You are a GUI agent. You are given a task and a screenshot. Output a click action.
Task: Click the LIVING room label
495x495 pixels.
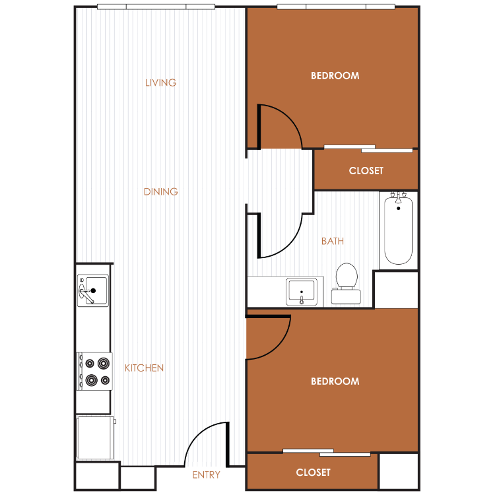coord(160,82)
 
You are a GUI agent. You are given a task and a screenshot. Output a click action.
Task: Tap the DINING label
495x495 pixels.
coord(160,191)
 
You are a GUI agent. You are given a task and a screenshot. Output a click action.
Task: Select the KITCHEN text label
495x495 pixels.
coord(145,368)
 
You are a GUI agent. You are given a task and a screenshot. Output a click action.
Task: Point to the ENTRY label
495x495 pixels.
coord(206,475)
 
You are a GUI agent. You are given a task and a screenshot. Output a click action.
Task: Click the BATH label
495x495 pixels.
coord(333,241)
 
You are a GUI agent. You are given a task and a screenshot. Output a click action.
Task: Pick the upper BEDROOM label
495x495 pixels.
coord(335,76)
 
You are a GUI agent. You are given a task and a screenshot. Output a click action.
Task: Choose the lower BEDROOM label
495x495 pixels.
coord(335,381)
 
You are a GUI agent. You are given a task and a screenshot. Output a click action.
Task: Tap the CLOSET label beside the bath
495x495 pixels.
coord(366,171)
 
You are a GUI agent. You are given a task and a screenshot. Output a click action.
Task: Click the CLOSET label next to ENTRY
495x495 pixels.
coord(313,473)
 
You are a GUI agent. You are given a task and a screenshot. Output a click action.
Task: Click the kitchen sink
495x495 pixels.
coord(93,290)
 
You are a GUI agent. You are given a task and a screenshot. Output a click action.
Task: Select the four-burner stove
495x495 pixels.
coord(94,372)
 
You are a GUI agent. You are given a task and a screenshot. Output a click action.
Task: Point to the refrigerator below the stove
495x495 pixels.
coord(95,438)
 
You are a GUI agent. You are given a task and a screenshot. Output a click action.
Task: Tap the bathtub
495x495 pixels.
coord(399,230)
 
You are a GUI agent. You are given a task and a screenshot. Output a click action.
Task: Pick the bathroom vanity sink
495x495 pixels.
coord(302,291)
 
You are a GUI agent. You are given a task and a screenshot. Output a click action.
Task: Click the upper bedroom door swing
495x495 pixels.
coord(290,117)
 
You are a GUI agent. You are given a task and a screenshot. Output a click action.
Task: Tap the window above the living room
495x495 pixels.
coord(156,7)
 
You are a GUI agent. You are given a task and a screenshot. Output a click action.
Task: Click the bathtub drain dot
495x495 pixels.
coord(399,209)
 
